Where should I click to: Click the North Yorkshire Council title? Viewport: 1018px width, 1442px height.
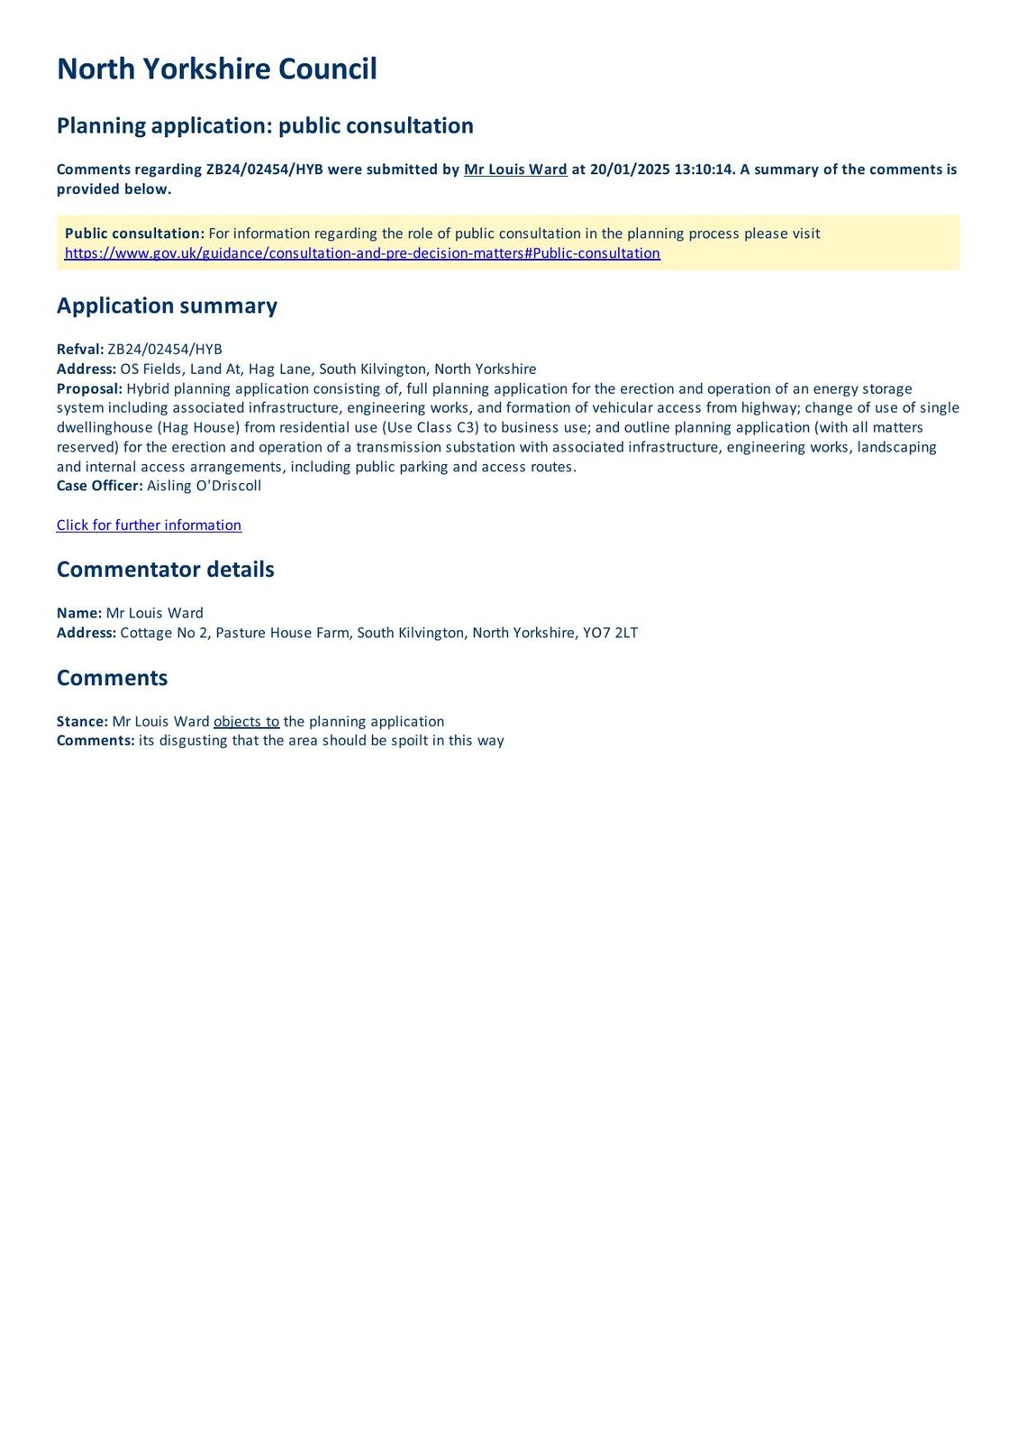point(216,69)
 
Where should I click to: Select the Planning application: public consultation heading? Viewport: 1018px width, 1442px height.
point(265,125)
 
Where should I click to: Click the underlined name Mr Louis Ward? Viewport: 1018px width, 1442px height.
point(515,169)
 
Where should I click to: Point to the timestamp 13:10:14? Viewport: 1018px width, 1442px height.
point(704,169)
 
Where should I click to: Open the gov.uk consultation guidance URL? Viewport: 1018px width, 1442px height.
point(362,253)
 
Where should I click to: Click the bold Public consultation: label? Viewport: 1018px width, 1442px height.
point(134,233)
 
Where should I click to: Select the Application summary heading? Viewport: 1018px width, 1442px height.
point(167,306)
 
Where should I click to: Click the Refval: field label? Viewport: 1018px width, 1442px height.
point(80,350)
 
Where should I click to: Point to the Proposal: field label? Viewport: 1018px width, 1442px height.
point(89,388)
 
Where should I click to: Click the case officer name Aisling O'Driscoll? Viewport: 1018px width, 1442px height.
point(204,486)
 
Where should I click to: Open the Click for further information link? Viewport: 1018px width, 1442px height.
point(149,525)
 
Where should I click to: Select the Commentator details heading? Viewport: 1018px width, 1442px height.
point(165,570)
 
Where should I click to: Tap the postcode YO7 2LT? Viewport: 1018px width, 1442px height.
point(610,633)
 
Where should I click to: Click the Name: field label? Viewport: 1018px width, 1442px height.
point(79,613)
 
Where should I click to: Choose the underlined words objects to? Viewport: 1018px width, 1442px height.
point(246,722)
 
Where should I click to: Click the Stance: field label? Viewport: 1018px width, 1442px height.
point(82,722)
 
